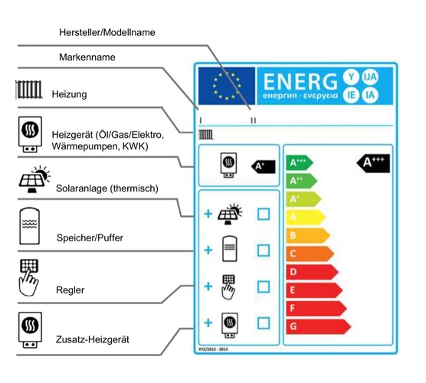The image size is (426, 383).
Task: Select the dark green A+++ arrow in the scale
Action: click(x=300, y=163)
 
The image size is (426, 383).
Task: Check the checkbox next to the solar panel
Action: click(x=263, y=214)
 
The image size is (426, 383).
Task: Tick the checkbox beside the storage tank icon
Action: click(x=263, y=250)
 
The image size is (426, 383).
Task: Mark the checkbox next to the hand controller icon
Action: click(x=263, y=287)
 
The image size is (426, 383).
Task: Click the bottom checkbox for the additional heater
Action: click(x=263, y=323)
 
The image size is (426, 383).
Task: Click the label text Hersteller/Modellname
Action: click(x=106, y=33)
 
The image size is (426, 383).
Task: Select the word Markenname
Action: click(x=89, y=58)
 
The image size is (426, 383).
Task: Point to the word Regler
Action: click(x=70, y=290)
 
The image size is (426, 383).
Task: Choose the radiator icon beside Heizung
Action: click(x=29, y=89)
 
